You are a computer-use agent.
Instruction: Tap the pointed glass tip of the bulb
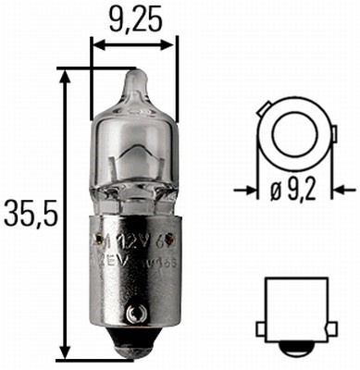(x=133, y=84)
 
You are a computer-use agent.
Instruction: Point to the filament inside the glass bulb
(x=134, y=157)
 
